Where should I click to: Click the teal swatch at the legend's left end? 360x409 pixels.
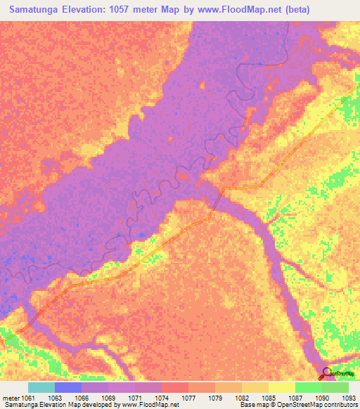[41, 387]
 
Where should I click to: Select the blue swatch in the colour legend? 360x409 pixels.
[68, 387]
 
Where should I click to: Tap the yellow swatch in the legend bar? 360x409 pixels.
[281, 387]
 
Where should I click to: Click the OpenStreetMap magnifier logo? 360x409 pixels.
[326, 375]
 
